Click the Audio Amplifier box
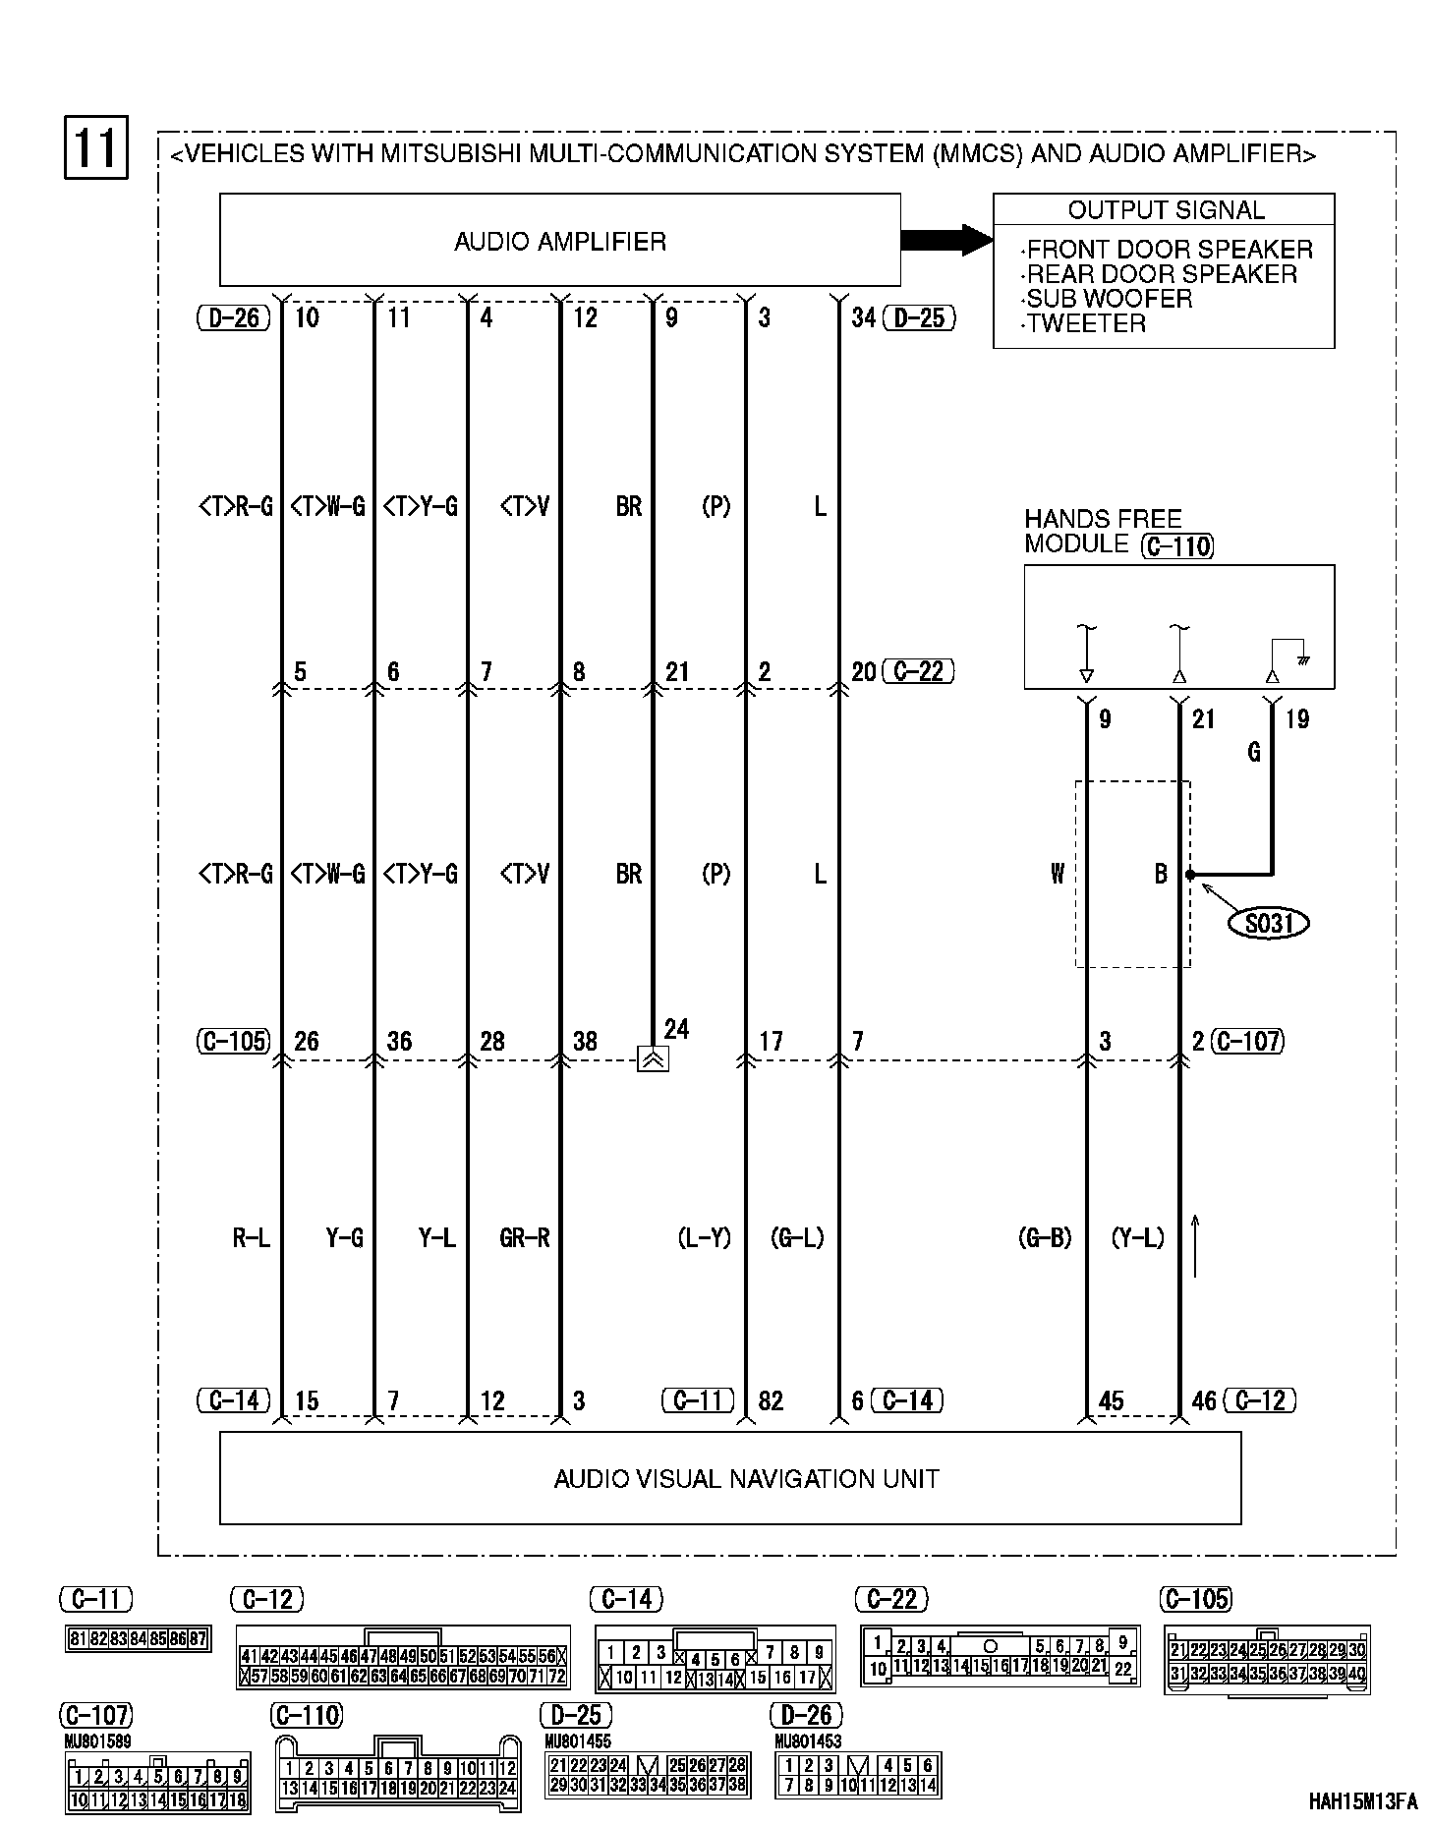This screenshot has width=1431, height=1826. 559,240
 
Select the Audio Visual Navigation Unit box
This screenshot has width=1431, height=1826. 729,1477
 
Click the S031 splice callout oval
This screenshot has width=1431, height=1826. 1270,923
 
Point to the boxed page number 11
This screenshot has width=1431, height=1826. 96,148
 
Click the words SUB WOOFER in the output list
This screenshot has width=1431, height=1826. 1110,299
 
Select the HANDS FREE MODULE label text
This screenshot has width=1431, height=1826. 1103,531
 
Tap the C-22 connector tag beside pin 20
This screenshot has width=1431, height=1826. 919,672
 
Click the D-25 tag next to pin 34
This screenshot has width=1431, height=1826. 919,317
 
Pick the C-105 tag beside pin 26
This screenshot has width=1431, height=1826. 233,1042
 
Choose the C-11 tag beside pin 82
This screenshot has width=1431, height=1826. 698,1400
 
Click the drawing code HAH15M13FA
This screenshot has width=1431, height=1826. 1362,1801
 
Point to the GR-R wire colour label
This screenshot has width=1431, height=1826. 524,1238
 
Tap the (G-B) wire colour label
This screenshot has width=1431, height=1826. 1044,1238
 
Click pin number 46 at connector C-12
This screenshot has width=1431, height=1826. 1204,1401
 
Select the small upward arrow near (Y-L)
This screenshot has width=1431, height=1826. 1195,1245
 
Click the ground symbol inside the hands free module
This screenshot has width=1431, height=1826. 1303,661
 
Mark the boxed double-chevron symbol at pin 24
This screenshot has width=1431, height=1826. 654,1059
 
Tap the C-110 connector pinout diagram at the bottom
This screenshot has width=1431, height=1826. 398,1779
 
